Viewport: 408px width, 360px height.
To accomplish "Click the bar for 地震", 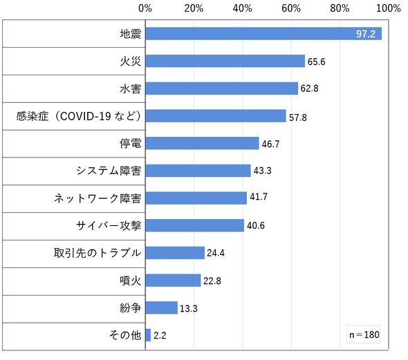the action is tap(263, 34).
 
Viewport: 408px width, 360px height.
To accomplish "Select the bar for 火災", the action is tap(225, 61).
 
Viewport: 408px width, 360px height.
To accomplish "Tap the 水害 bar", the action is tap(222, 88).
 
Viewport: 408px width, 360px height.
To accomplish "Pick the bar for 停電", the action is tap(203, 144).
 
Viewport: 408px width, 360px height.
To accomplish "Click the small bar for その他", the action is tap(148, 335).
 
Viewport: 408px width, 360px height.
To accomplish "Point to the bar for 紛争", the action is tap(162, 307).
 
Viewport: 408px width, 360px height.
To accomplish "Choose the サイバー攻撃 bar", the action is tap(195, 226).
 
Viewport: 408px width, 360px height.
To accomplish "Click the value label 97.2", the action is tap(366, 34).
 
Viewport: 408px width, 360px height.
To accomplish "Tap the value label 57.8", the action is tap(298, 117).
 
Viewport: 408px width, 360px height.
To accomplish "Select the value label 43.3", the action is tap(263, 171).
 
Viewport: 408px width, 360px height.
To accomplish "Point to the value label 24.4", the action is tap(216, 253).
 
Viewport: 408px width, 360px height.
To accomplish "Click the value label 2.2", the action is tap(160, 336).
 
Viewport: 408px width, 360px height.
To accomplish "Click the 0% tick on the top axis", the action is tap(145, 8).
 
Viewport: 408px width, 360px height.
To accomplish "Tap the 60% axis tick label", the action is tap(291, 8).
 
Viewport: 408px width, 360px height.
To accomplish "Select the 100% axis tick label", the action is tap(389, 8).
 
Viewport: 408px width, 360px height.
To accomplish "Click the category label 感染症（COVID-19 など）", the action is tap(79, 116).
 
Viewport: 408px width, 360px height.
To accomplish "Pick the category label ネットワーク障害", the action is tap(98, 198).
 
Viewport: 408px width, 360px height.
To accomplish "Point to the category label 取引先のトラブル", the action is tap(98, 253).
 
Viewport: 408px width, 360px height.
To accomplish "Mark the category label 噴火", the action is tap(131, 281).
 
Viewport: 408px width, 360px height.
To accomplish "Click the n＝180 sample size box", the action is tap(364, 334).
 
